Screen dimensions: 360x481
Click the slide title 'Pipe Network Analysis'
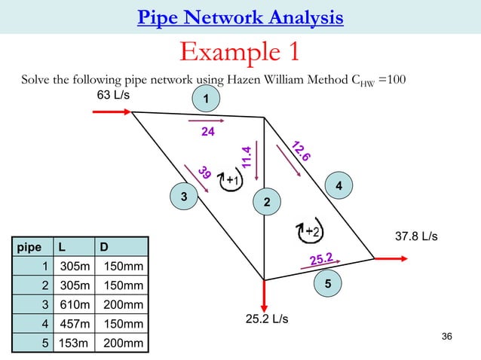240,17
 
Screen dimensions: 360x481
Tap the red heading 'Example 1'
240,52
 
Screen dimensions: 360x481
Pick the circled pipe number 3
182,197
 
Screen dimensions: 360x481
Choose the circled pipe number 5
329,284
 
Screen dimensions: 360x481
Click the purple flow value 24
208,131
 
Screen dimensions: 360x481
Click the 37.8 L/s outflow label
417,236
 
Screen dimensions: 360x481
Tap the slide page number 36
446,336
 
